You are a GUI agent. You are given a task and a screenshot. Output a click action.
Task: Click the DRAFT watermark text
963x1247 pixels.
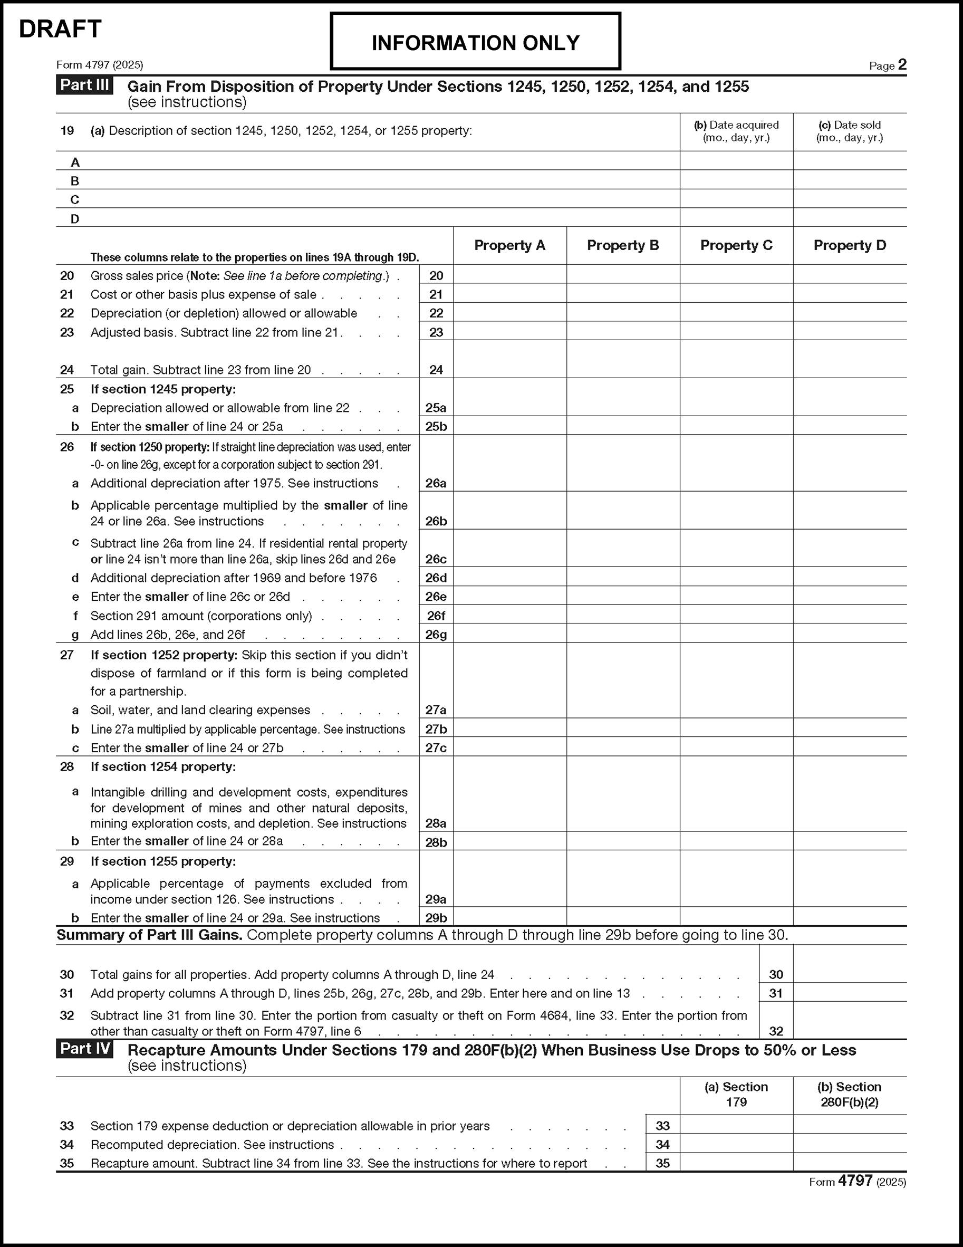pyautogui.click(x=60, y=29)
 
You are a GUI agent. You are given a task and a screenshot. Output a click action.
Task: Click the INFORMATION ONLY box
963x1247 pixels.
pyautogui.click(x=475, y=42)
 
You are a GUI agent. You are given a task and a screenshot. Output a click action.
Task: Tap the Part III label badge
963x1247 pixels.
pyautogui.click(x=84, y=85)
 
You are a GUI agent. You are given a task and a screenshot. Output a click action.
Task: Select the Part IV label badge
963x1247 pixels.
pyautogui.click(x=84, y=1049)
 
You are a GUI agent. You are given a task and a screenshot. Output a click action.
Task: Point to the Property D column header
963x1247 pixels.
pyautogui.click(x=850, y=245)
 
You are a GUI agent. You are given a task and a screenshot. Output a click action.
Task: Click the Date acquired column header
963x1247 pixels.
pyautogui.click(x=736, y=131)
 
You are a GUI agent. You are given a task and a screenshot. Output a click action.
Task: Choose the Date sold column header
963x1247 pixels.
pyautogui.click(x=850, y=131)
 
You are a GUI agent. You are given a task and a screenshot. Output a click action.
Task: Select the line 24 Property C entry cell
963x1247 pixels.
pyautogui.click(x=736, y=360)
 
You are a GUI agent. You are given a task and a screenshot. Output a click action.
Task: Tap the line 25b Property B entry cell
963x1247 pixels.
pyautogui.click(x=623, y=426)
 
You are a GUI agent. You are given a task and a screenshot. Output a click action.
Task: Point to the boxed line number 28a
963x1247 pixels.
pyautogui.click(x=436, y=823)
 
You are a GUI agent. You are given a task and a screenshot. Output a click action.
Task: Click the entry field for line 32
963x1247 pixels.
pyautogui.click(x=850, y=1021)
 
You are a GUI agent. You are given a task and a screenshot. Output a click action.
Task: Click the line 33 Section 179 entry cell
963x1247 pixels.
pyautogui.click(x=736, y=1125)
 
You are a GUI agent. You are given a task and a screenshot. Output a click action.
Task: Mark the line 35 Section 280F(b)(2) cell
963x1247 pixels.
pyautogui.click(x=850, y=1163)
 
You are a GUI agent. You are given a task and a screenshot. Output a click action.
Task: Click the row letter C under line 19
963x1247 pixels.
pyautogui.click(x=75, y=200)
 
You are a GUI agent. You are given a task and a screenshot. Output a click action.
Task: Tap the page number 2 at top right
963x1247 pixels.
pyautogui.click(x=902, y=64)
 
